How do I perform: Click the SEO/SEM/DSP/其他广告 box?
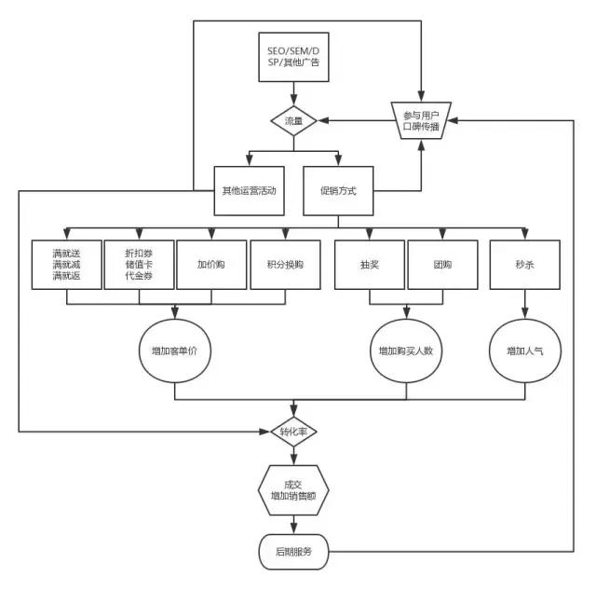[293, 56]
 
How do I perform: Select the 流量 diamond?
[293, 120]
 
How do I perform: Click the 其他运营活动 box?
[249, 190]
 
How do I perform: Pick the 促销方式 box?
[339, 190]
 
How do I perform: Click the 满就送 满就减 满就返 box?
[66, 264]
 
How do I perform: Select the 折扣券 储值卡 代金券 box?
[139, 264]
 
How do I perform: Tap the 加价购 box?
[211, 264]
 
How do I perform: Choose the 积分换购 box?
[285, 264]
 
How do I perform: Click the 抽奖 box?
[369, 264]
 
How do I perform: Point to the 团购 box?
[442, 264]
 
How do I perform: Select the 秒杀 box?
[524, 264]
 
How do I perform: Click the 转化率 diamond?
[293, 433]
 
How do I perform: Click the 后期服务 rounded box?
[293, 553]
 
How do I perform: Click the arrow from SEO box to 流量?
[293, 93]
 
